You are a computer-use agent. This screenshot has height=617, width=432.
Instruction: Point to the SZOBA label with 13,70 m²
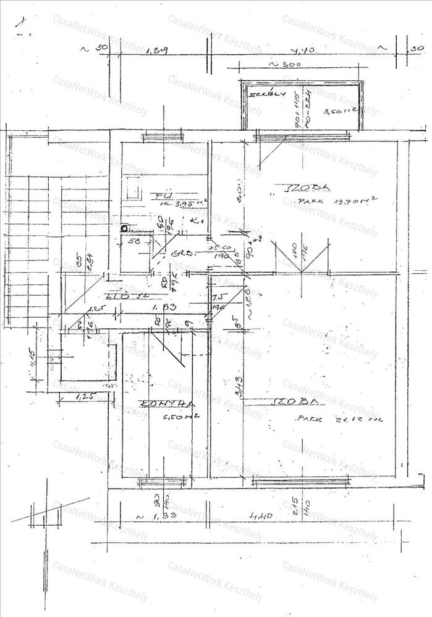tap(303, 187)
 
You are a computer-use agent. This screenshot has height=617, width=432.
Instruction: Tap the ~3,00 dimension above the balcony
tap(285, 64)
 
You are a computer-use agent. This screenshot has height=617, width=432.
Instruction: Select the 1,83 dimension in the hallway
tap(166, 307)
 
